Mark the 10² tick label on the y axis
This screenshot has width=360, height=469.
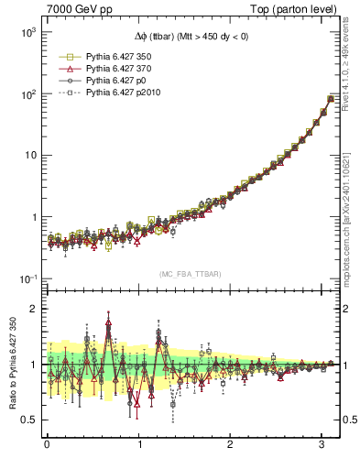tap(27, 93)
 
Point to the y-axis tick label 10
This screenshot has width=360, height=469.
tap(29, 155)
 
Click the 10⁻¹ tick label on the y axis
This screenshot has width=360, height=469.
tap(27, 278)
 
